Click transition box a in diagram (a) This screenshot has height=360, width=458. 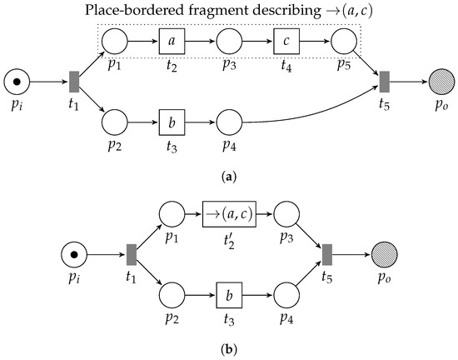click(x=171, y=41)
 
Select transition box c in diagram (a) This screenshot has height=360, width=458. click(x=286, y=41)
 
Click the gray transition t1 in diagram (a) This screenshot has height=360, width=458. click(x=73, y=82)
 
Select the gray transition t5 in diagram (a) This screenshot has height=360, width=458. click(x=384, y=82)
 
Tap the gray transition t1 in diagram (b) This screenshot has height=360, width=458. click(x=131, y=253)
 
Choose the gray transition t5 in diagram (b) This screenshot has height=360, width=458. click(x=327, y=253)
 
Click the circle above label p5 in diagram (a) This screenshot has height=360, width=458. click(x=343, y=41)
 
